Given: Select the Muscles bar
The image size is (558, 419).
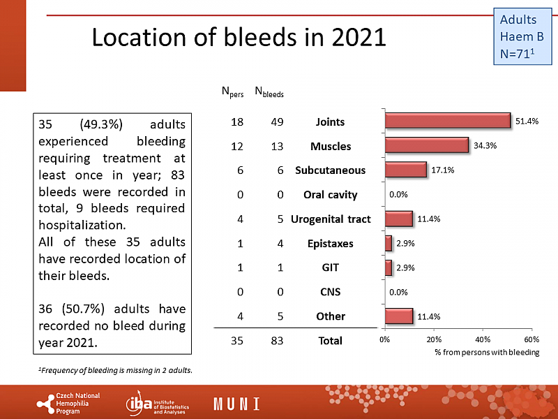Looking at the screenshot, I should click(426, 145).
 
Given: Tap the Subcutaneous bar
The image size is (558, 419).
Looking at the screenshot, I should click(405, 170).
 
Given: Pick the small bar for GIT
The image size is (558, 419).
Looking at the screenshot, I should click(388, 267).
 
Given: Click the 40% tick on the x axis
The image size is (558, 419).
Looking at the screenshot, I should click(482, 339).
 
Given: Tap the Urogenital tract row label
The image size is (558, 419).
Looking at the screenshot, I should click(331, 219).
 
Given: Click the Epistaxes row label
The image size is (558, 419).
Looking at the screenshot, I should click(331, 244).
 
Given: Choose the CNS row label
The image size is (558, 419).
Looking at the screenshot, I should click(331, 292).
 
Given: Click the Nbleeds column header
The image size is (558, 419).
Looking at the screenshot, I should click(269, 91).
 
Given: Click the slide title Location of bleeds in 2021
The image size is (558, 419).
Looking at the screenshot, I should click(239, 37).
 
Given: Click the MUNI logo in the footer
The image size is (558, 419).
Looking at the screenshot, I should click(237, 404).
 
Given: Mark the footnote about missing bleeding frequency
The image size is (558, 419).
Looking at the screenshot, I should click(115, 369).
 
